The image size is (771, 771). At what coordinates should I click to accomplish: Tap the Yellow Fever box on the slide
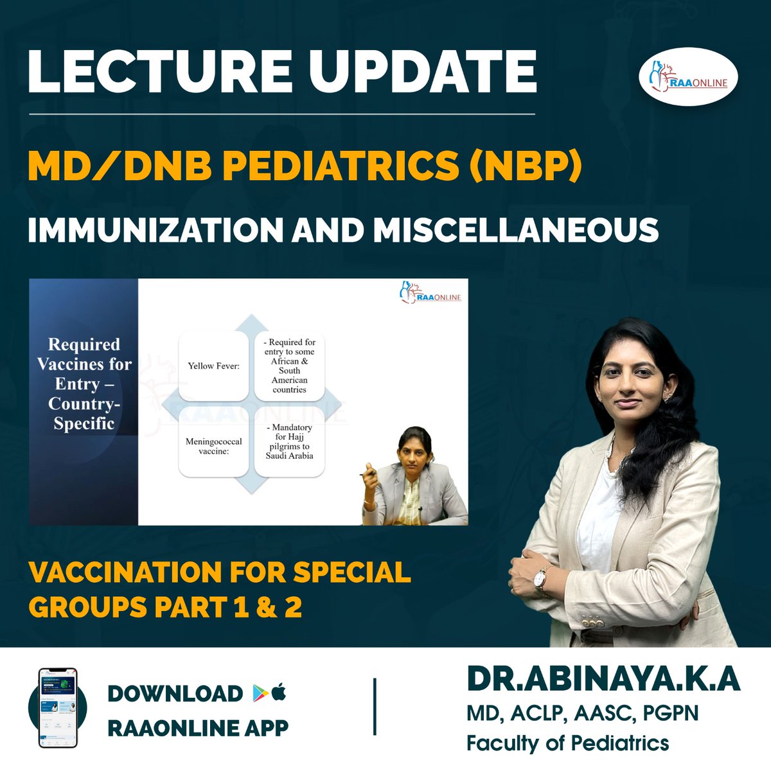[213, 366]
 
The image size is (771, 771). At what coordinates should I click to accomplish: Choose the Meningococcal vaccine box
[213, 442]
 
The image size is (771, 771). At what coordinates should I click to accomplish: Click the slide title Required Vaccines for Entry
[84, 384]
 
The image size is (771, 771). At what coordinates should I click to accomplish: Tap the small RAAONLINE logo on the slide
[430, 294]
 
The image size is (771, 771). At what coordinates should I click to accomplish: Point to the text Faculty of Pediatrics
[567, 743]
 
